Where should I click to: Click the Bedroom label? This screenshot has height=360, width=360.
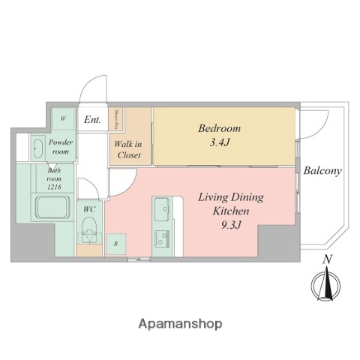pos(218,128)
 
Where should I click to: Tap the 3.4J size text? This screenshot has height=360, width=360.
pos(218,142)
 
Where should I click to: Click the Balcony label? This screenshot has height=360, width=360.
pos(322,171)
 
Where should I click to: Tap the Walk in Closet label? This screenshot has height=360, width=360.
pos(127,147)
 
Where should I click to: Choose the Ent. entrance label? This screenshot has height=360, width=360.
pos(92,119)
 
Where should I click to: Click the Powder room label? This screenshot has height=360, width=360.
pos(62,146)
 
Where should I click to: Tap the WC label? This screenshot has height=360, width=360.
pos(88,208)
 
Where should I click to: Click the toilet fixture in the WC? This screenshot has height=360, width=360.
pos(90,229)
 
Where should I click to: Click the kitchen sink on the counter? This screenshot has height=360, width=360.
pos(162,211)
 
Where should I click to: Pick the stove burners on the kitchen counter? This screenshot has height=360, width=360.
pos(162,239)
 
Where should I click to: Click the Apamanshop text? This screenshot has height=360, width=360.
pos(180,324)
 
